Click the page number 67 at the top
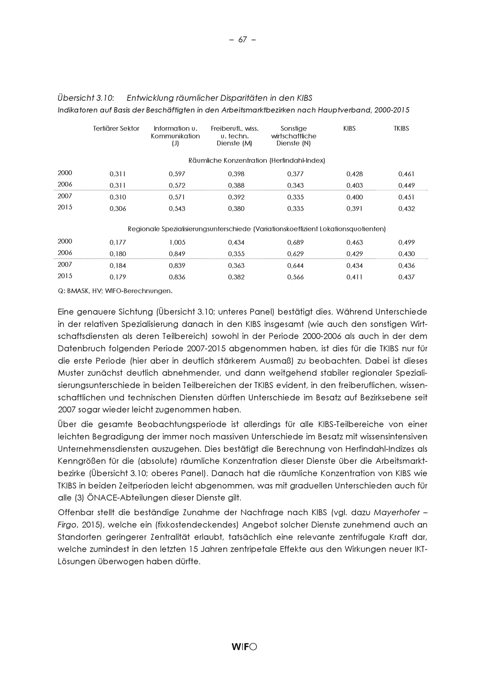242,40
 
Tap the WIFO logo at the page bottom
244,647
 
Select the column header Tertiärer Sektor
116,129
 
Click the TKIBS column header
401,129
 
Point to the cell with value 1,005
177,242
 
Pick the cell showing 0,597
177,174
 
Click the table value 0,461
406,174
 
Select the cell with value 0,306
118,209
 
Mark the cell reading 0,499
406,242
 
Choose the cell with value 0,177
118,242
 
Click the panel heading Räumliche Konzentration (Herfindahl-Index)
256,161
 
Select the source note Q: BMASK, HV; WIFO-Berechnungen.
115,291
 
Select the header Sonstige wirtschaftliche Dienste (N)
293,136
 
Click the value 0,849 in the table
177,254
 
